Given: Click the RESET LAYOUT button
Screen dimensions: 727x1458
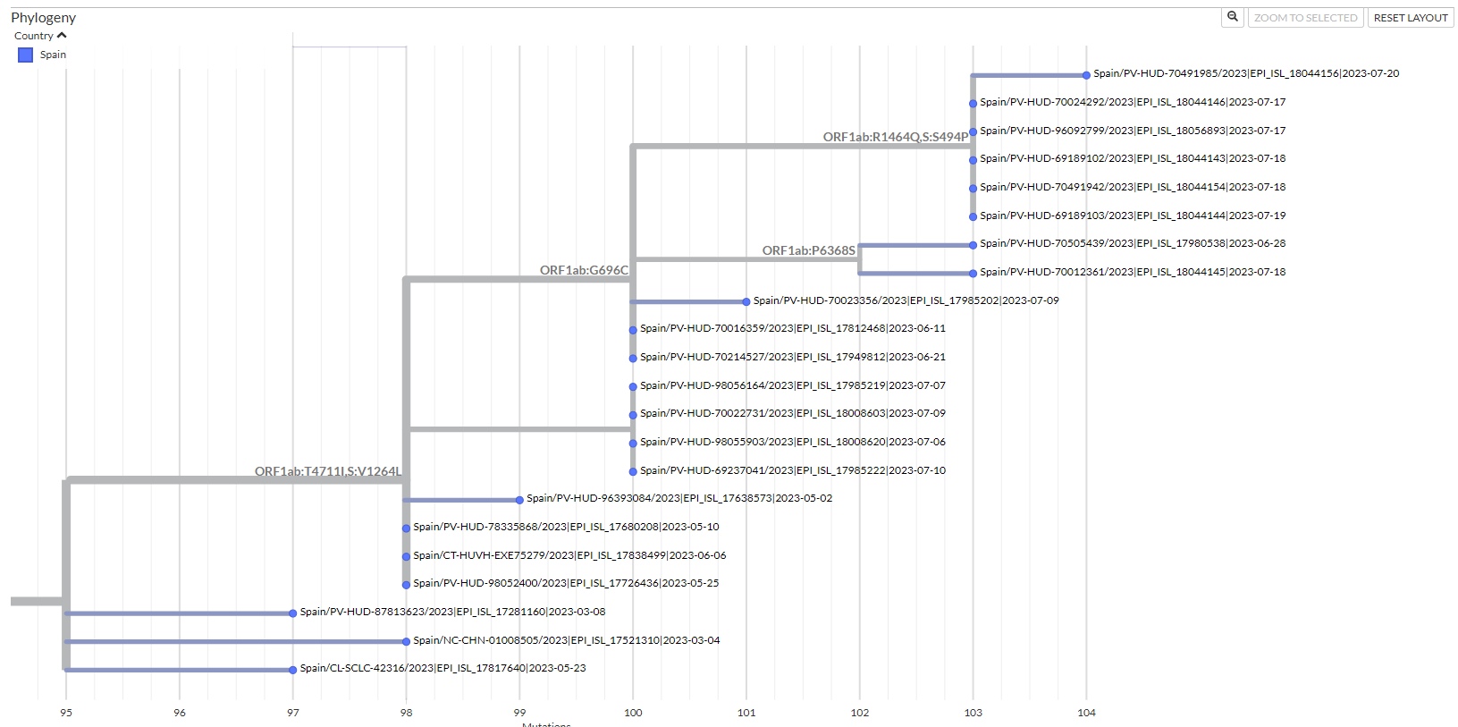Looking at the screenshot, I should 1410,18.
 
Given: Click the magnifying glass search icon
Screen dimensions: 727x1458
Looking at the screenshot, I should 1233,17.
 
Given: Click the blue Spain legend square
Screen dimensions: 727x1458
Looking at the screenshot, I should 26,55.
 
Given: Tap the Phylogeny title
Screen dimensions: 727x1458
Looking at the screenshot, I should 43,18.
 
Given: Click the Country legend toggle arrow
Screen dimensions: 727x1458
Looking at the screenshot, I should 62,36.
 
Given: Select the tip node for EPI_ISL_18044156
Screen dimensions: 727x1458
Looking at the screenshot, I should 1086,75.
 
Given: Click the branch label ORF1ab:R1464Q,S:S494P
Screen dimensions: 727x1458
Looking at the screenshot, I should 895,137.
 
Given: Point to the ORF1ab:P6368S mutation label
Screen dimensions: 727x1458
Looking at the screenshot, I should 808,250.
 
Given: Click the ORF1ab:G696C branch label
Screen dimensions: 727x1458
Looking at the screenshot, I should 584,270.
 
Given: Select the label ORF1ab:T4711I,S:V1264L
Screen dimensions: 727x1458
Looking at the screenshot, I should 327,471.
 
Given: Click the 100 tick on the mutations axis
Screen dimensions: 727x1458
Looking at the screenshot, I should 633,713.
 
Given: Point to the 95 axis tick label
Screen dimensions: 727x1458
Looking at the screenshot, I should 66,713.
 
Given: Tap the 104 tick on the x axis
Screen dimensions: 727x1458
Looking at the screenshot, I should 1086,713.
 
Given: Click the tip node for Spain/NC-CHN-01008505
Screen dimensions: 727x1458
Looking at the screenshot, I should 406,641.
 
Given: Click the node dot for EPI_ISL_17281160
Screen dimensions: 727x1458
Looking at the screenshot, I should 292,613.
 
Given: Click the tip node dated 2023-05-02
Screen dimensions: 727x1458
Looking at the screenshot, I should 519,500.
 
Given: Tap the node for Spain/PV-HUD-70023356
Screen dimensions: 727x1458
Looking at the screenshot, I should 746,302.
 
